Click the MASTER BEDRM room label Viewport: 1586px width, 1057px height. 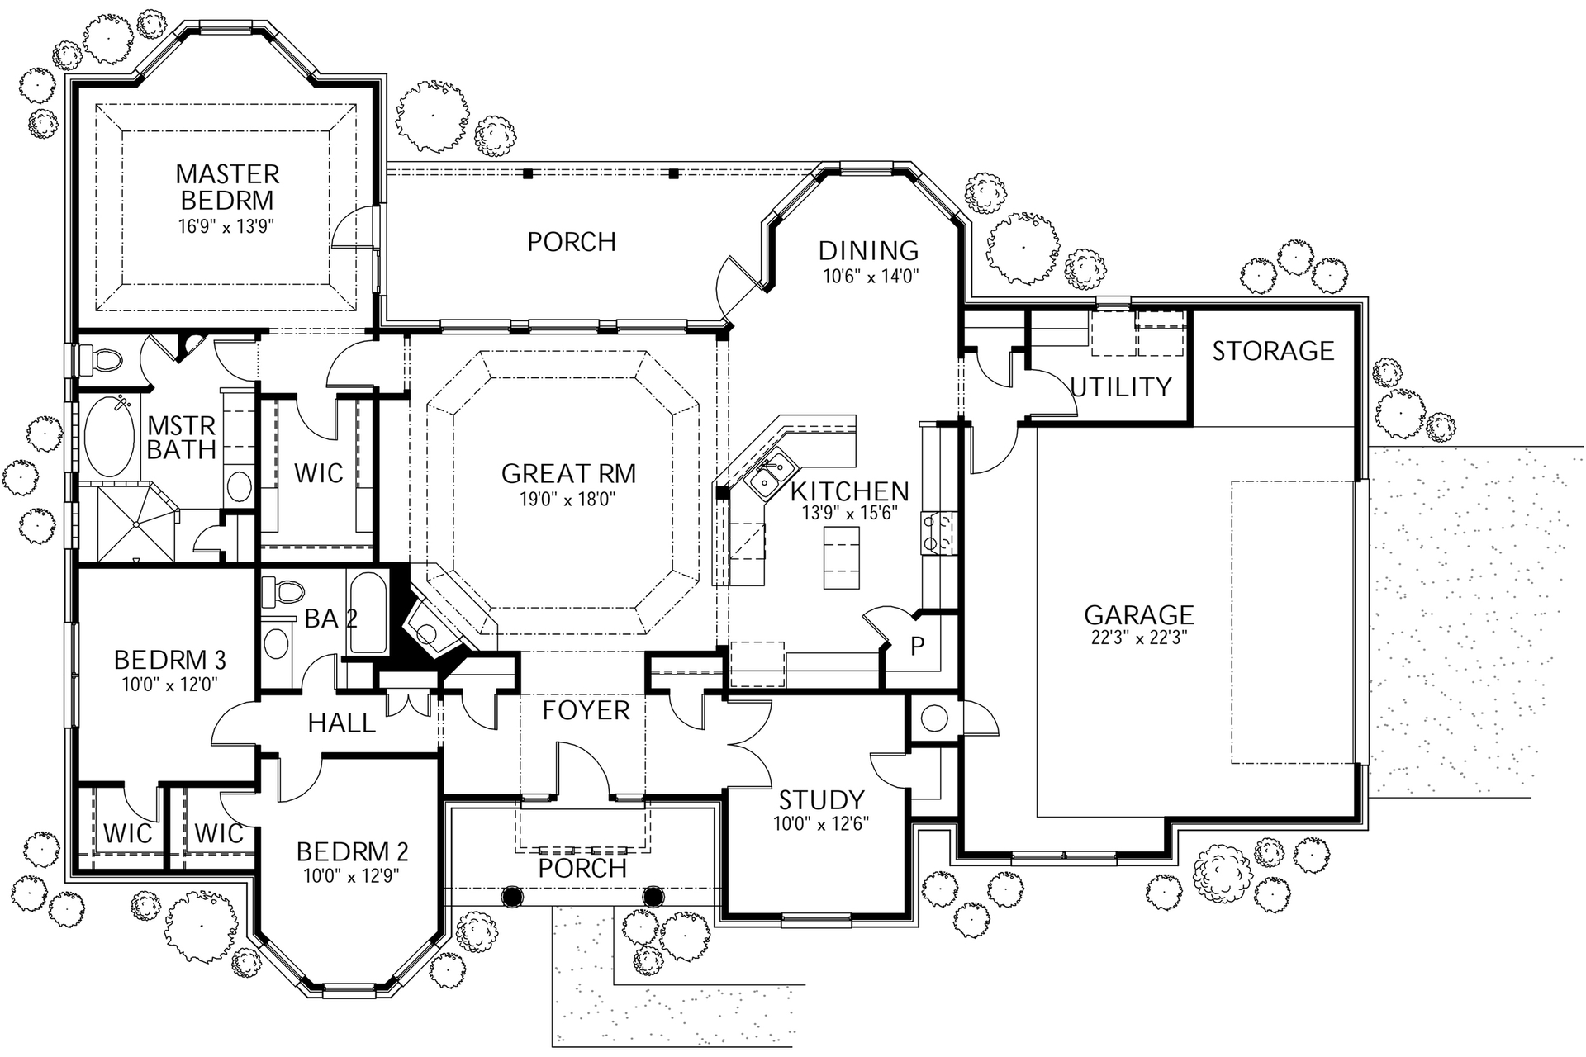click(x=227, y=187)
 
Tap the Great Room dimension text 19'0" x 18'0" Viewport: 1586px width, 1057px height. click(x=568, y=499)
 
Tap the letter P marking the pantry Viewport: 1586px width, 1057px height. click(x=917, y=646)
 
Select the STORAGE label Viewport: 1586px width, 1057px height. click(x=1272, y=351)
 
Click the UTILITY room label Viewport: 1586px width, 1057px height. click(x=1121, y=386)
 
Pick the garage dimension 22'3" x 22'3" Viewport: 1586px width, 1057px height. click(x=1138, y=638)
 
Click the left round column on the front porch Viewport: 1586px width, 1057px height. click(x=512, y=896)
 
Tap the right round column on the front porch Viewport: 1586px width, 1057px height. click(x=653, y=896)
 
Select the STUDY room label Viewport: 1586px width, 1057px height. click(x=821, y=799)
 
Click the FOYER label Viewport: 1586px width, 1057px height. click(x=586, y=710)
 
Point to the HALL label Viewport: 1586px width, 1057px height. click(x=341, y=723)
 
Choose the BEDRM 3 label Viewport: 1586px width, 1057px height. click(x=169, y=660)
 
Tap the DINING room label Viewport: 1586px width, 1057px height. click(x=868, y=250)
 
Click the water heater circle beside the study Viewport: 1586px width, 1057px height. click(x=933, y=718)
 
